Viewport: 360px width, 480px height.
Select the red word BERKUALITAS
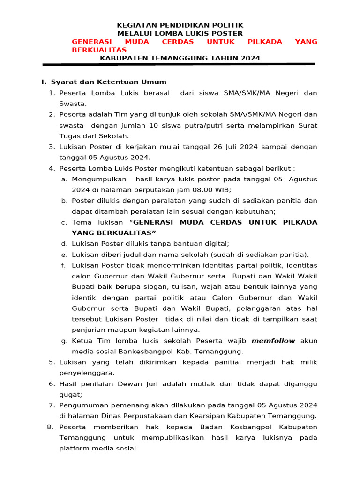99,50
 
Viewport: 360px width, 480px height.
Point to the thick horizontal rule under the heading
179,64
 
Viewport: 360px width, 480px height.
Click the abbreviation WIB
222,190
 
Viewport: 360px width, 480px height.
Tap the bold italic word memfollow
273,341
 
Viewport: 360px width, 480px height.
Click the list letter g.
64,341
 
